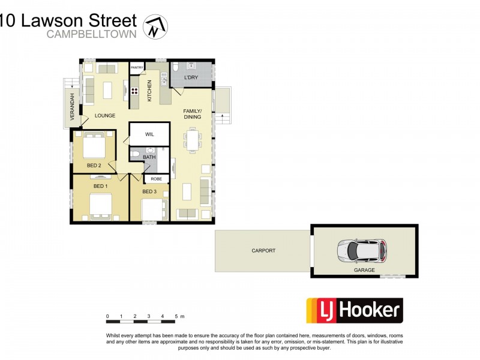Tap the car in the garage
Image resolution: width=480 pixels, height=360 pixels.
click(362, 250)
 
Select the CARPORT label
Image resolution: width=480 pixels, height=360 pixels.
click(263, 251)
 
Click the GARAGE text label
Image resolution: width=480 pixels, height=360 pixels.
click(364, 270)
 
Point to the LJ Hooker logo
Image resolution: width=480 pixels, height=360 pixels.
click(354, 310)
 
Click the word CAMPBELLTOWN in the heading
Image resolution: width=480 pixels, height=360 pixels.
click(92, 34)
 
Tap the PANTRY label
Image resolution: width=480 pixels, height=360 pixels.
click(137, 68)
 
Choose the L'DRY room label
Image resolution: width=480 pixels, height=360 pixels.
click(191, 77)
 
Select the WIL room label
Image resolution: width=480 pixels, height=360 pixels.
click(149, 135)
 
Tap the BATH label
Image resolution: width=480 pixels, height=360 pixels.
click(149, 157)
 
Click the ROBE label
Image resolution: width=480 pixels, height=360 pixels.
click(156, 179)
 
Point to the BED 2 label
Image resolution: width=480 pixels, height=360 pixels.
click(94, 164)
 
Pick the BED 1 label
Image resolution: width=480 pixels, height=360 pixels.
click(100, 186)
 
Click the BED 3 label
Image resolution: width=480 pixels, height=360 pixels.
click(149, 191)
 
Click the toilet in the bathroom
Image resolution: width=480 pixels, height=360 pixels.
click(136, 155)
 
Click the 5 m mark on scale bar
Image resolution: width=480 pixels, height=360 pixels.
click(176, 316)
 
